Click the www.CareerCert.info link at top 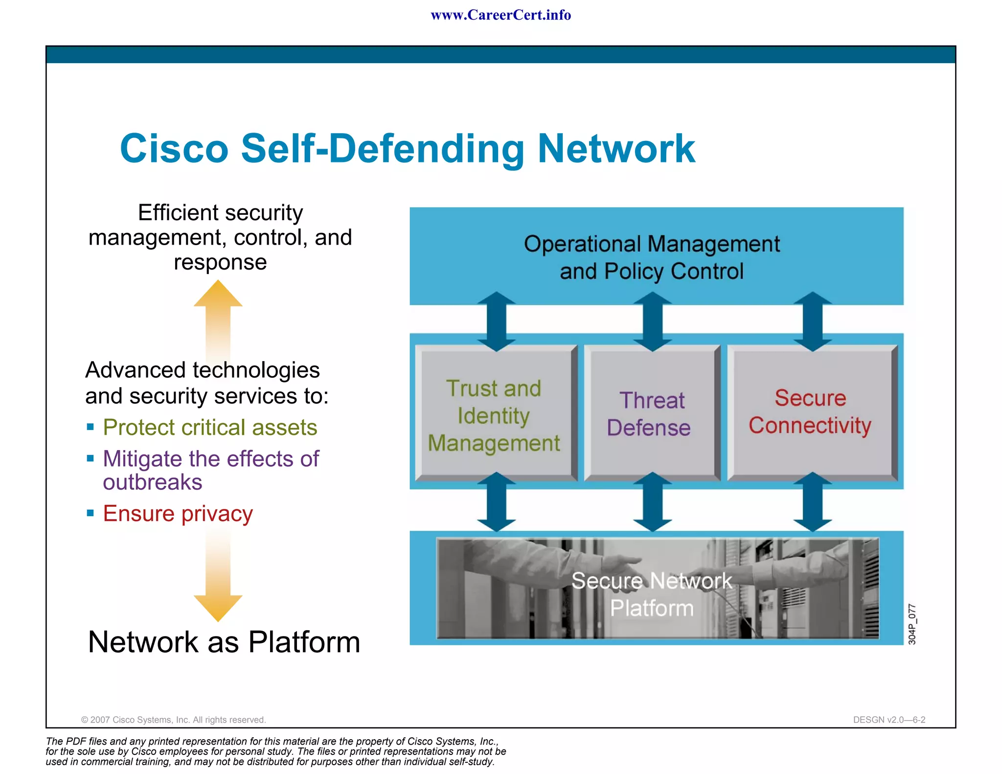click(x=501, y=15)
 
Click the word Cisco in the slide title click(x=174, y=148)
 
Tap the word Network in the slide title click(x=616, y=148)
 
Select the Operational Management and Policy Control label click(x=652, y=257)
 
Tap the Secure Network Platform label click(x=652, y=594)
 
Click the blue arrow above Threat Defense click(x=652, y=321)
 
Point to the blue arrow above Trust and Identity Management click(x=496, y=321)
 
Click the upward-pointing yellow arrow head click(x=218, y=295)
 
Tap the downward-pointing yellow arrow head click(x=218, y=607)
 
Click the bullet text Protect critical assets click(x=210, y=427)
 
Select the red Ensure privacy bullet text click(x=178, y=513)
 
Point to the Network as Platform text click(x=224, y=642)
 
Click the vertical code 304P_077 click(x=912, y=624)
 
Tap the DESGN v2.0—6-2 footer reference click(x=889, y=720)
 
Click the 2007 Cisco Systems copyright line click(x=173, y=720)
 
